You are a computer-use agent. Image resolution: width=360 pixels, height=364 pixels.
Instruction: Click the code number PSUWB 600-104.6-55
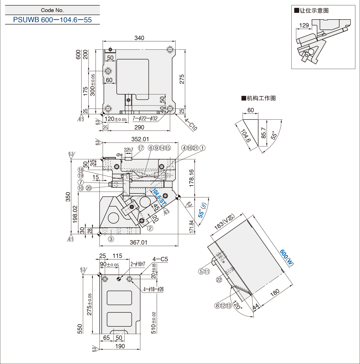(x=52, y=20)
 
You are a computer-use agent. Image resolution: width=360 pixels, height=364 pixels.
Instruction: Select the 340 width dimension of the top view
(x=139, y=38)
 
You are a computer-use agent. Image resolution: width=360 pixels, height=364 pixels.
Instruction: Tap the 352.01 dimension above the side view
(x=140, y=139)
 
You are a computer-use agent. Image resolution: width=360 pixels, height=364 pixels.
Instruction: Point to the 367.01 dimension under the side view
(x=139, y=242)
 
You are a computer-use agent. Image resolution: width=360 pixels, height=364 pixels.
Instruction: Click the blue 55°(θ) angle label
(x=202, y=210)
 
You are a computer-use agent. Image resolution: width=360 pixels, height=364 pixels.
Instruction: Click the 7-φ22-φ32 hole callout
(x=145, y=118)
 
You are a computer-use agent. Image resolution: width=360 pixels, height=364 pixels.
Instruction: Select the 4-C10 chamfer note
(x=191, y=124)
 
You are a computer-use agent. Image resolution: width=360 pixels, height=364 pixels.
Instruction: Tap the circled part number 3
(x=111, y=239)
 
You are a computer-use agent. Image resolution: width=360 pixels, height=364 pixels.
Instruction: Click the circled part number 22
(x=219, y=280)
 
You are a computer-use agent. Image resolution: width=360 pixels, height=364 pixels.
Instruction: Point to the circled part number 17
(x=141, y=148)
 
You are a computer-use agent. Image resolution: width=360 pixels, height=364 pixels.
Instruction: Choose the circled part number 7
(x=81, y=182)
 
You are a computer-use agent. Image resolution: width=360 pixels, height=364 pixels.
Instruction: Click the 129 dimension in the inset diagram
(x=304, y=25)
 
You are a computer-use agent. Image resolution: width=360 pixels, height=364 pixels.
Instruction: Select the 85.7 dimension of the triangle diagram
(x=264, y=133)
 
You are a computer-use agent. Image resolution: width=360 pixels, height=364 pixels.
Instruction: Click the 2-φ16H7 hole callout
(x=138, y=264)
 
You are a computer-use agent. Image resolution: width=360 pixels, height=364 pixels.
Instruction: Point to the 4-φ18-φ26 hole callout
(x=153, y=289)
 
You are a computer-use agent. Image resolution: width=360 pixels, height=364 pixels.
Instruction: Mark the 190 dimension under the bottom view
(x=120, y=346)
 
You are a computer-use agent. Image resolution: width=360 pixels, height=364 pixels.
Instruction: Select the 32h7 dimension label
(x=128, y=150)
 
